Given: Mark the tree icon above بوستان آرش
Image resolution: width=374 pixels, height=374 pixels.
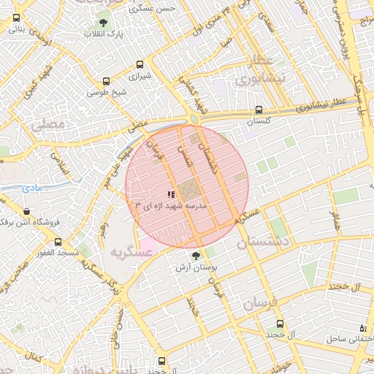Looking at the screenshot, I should pos(196,255).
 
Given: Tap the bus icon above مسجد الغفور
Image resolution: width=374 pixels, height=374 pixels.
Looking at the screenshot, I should pos(47,242).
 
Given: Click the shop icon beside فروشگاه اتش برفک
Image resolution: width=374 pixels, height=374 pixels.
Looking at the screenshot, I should pos(7,221).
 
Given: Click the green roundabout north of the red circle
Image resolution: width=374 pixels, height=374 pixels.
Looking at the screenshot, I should pos(194,119).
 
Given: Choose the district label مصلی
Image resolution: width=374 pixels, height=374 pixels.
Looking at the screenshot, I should pos(47,126).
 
